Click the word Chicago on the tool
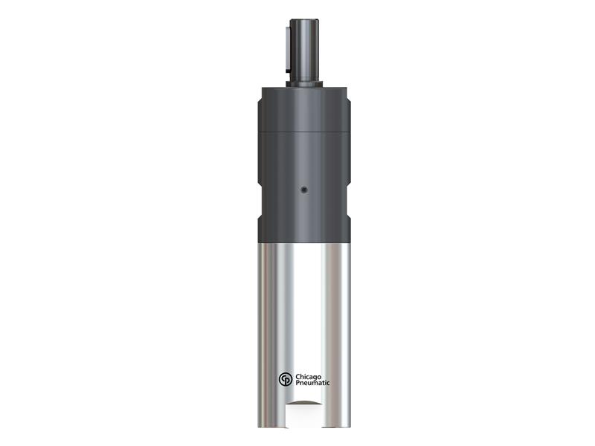[x=309, y=376]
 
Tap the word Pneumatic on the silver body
[x=312, y=384]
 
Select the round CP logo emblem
[x=286, y=380]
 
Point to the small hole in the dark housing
[x=303, y=190]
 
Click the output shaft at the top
[x=305, y=52]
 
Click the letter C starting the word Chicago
[x=298, y=376]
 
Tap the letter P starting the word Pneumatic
[x=298, y=384]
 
